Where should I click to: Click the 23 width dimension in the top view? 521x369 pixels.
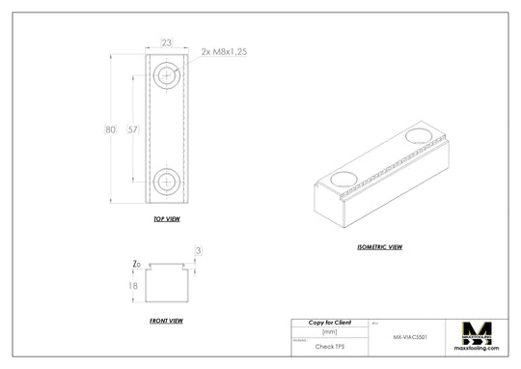click(x=167, y=43)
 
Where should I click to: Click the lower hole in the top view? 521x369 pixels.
click(x=168, y=181)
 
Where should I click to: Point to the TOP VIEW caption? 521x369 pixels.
click(x=167, y=219)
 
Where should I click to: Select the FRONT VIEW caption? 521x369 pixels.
click(x=166, y=320)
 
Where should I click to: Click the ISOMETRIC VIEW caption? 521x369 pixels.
click(x=380, y=246)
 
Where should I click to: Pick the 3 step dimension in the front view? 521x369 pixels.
click(x=198, y=251)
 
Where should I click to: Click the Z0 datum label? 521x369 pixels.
click(x=137, y=264)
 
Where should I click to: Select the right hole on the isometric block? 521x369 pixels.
click(x=421, y=136)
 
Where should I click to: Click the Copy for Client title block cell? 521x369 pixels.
click(x=329, y=322)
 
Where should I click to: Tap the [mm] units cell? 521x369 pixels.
click(x=329, y=331)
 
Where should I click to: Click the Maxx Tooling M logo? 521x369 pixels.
click(x=478, y=331)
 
